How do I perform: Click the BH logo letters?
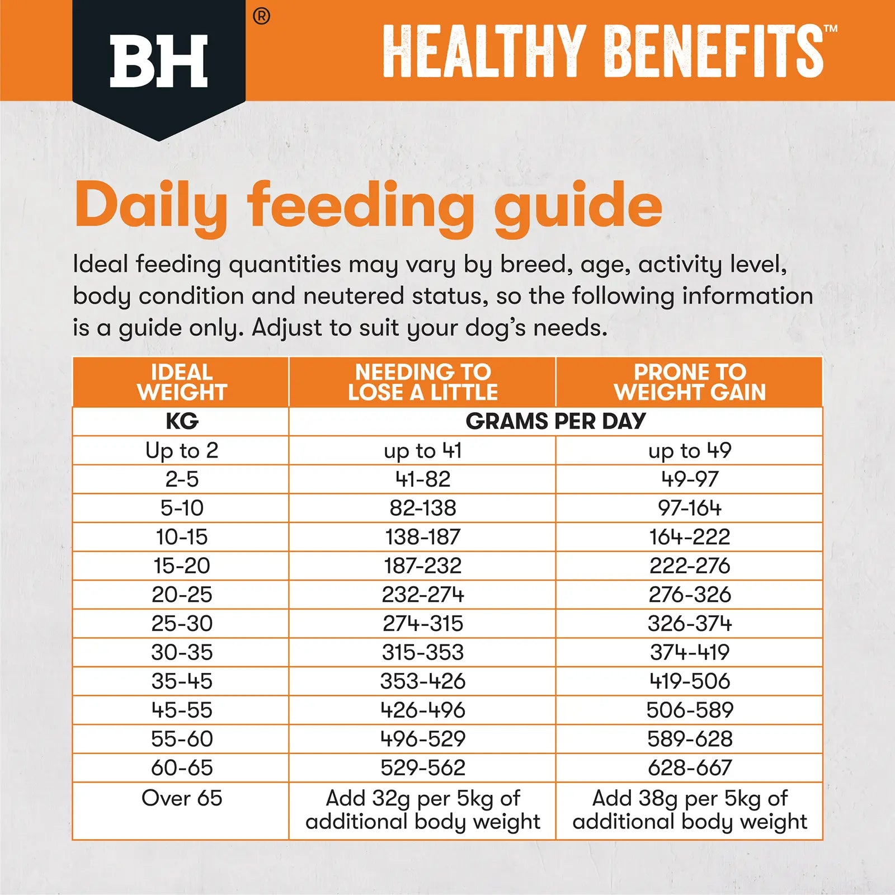click(159, 62)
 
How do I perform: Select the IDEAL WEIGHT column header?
click(182, 382)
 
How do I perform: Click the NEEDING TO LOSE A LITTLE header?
click(422, 382)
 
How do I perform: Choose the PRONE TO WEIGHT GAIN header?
click(690, 382)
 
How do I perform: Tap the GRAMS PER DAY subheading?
click(555, 421)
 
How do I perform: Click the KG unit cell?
click(182, 421)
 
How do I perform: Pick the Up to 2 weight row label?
click(182, 450)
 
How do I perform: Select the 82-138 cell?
click(422, 508)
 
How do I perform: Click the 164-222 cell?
click(690, 537)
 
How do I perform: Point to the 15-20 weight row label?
click(182, 566)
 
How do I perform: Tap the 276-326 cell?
click(690, 595)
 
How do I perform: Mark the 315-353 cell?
click(422, 652)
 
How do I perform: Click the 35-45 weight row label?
click(182, 681)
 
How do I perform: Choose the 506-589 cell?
click(690, 710)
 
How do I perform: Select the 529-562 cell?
click(422, 767)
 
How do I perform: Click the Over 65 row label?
click(182, 798)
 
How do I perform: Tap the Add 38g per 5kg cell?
click(690, 810)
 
